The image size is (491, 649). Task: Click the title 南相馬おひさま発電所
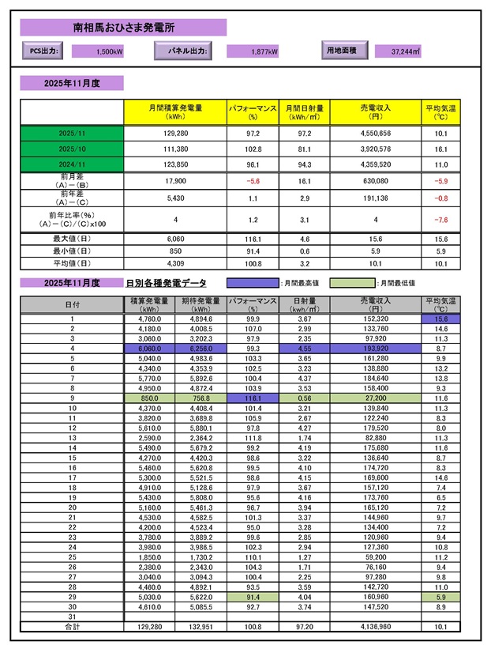(123, 28)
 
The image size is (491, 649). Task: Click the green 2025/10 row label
(71, 149)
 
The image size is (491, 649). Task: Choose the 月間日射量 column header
(303, 111)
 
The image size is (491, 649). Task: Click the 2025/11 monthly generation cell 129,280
(175, 134)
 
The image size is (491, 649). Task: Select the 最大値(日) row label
(71, 238)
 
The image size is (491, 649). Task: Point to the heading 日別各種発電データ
(165, 282)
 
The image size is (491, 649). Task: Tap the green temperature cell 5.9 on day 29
(440, 596)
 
